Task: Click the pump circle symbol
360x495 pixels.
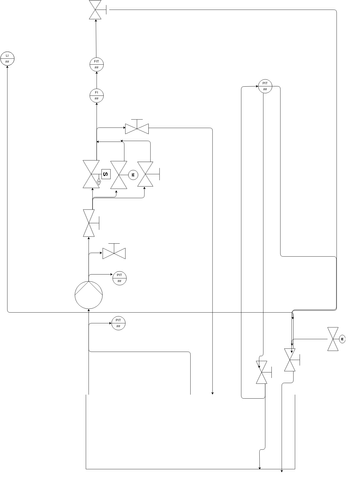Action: [88, 294]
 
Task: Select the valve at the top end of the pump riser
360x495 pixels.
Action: [95, 9]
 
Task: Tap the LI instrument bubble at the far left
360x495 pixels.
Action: [7, 58]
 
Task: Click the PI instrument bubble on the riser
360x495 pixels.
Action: [96, 96]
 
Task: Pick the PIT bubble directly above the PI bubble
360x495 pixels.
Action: [96, 64]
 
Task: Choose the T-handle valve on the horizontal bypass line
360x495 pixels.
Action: [137, 128]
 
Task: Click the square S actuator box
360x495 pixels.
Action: [105, 174]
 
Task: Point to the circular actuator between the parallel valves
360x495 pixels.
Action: [133, 175]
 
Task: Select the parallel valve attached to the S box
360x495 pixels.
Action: [91, 174]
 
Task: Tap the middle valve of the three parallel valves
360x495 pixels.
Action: [119, 174]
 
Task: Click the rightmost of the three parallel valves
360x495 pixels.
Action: [146, 174]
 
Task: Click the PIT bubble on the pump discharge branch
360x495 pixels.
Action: [119, 277]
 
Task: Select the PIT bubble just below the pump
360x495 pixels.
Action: [118, 323]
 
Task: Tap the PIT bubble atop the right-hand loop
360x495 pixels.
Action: [265, 86]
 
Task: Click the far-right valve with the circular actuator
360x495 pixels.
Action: [332, 340]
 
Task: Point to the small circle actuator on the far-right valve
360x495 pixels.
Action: [343, 340]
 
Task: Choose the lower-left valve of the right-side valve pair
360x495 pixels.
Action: [263, 375]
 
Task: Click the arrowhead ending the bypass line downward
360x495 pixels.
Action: [212, 392]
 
